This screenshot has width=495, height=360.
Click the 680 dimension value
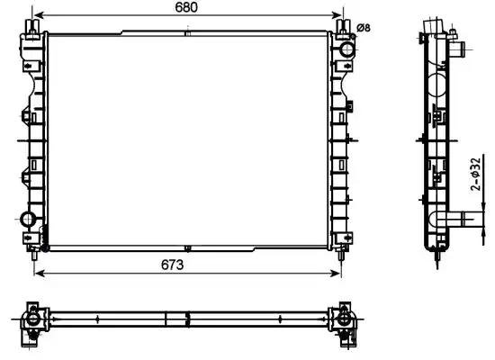tap(186, 7)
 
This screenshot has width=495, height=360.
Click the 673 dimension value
tap(172, 265)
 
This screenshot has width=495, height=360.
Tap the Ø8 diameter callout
tap(364, 28)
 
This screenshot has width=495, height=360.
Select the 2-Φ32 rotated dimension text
tap(475, 174)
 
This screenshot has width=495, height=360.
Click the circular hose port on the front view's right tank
tap(346, 49)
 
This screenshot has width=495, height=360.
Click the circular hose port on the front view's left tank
tap(28, 220)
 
